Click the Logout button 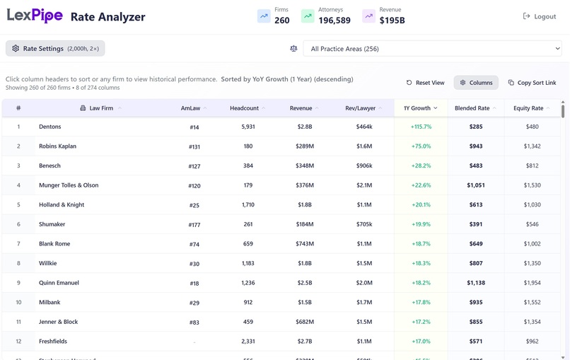(539, 16)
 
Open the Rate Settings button (55, 49)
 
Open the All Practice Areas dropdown (432, 49)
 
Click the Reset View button (425, 83)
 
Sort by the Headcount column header (244, 108)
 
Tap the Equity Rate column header (528, 108)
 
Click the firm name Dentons (50, 127)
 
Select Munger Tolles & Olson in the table (69, 185)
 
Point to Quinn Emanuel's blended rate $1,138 (476, 283)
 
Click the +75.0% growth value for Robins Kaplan (421, 146)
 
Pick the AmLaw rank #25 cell (194, 205)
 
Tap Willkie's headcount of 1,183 (248, 263)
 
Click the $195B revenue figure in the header (392, 21)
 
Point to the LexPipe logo (35, 16)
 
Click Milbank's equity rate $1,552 (532, 302)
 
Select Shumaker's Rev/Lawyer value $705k (364, 224)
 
